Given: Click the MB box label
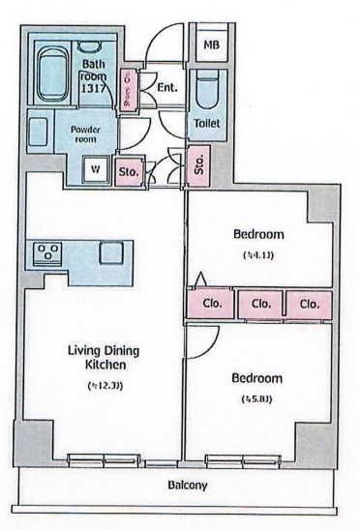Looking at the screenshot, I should coord(209,45).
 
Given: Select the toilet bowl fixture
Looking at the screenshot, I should coord(206,95).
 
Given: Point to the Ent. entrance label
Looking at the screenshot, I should coord(165,86).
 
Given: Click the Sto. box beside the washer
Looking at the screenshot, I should coord(129,172).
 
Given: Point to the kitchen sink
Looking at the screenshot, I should coord(108,252).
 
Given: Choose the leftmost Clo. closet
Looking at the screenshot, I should coord(212,304).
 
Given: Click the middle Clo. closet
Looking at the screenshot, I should coord(260,304).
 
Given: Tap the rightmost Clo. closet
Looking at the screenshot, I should coord(309,304).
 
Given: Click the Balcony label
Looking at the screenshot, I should coord(188,486).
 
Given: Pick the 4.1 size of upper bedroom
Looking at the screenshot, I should coord(258,255).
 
